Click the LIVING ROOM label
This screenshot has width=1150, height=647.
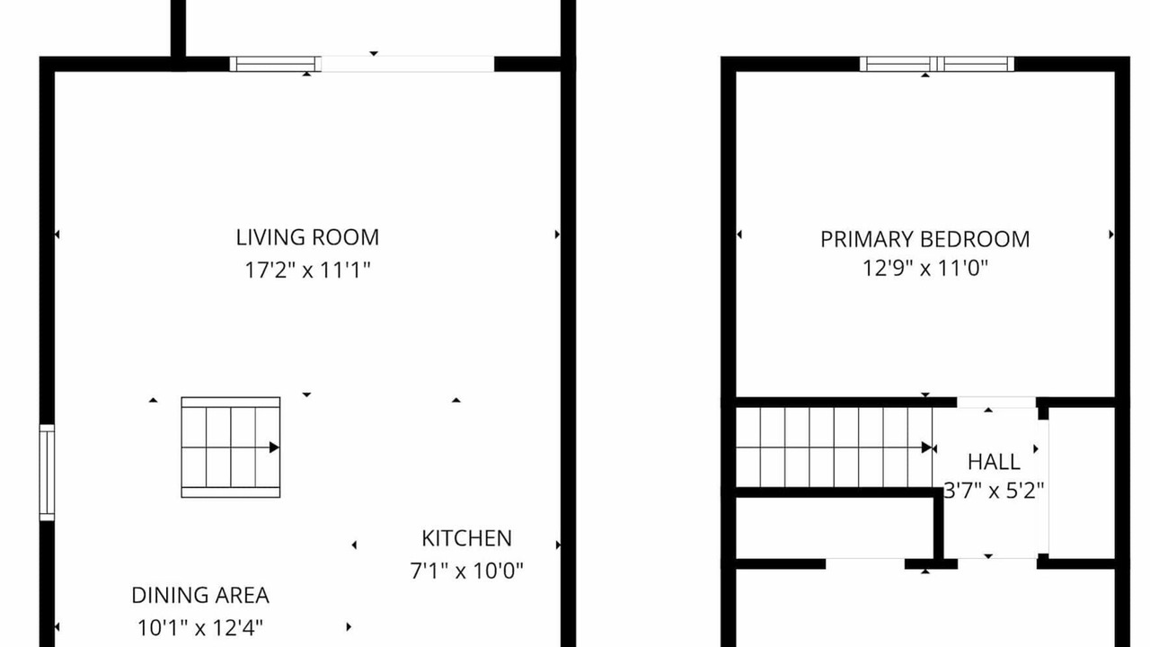coord(307,237)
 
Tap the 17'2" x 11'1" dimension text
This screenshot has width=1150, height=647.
coord(307,270)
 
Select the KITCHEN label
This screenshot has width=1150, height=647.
coord(466,538)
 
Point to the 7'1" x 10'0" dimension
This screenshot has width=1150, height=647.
coord(466,571)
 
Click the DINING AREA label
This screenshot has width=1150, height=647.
coord(200,595)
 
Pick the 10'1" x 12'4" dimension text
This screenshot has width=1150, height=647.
coord(200,627)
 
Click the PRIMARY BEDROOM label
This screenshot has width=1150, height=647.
coord(925,239)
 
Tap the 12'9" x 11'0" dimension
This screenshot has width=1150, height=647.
coord(925,268)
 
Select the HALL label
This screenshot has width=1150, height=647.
coord(994,462)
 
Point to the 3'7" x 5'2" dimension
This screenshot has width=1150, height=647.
coord(994,492)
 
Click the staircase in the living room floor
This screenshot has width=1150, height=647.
coord(231,448)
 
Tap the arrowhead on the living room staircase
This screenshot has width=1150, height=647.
coord(275,448)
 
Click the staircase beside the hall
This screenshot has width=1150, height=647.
coord(835,448)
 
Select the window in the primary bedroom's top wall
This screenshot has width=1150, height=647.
coord(937,64)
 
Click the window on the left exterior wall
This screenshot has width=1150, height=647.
coord(47,473)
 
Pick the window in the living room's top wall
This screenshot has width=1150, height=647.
coord(275,64)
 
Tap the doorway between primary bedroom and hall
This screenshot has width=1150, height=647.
coord(996,403)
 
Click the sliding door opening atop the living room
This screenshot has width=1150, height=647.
coord(408,64)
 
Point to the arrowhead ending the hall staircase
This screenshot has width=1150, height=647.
coord(926,448)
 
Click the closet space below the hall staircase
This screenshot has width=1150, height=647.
coord(835,527)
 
